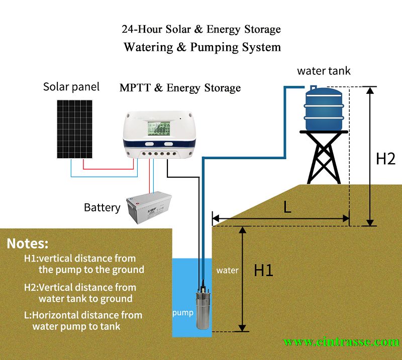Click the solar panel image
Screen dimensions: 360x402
[x=74, y=129]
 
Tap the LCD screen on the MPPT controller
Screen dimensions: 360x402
[x=157, y=128]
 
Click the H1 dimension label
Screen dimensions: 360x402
[x=263, y=270]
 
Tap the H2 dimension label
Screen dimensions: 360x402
[x=386, y=159]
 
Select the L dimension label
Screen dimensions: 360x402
[x=287, y=208]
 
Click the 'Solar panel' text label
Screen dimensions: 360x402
[x=71, y=86]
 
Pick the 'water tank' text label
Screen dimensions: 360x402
[x=324, y=71]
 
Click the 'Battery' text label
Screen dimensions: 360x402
[x=102, y=207]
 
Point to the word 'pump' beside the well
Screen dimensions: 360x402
[x=183, y=313]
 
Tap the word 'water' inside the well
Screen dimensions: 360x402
[x=227, y=270]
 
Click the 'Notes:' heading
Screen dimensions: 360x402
[x=28, y=244]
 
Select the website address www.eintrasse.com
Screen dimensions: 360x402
[x=341, y=342]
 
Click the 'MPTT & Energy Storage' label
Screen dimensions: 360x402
[x=180, y=88]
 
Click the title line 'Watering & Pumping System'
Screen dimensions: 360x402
[x=202, y=47]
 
